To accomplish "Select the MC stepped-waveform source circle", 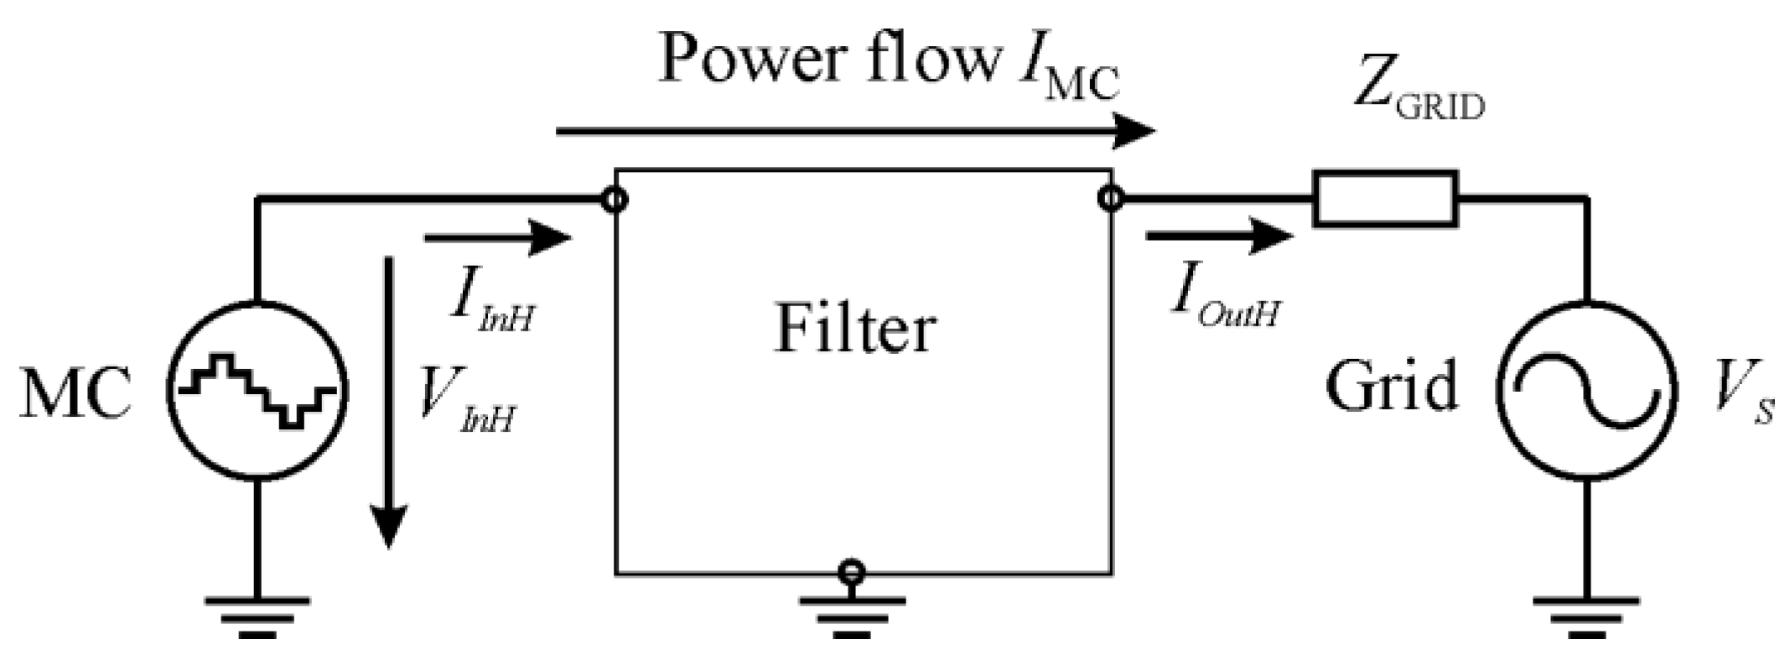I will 257,392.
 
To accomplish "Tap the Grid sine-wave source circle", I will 1586,392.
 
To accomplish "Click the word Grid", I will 1392,387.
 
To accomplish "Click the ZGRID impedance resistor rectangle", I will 1385,199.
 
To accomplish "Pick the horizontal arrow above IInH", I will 498,238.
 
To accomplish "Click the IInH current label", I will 490,302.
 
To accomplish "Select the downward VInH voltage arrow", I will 388,403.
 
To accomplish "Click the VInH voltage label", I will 466,403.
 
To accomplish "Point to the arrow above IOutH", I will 1220,236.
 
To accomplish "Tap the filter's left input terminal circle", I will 615,200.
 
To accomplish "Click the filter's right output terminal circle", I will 1110,199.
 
